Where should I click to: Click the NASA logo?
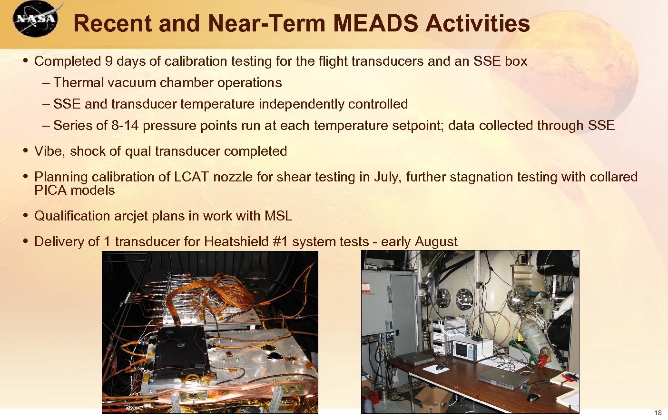coord(36,19)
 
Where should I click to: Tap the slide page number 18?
coord(658,412)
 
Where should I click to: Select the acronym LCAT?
coord(191,177)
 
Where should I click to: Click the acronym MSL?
coord(278,216)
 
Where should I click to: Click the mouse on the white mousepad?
coord(441,367)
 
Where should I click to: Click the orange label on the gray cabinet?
coord(366,288)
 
